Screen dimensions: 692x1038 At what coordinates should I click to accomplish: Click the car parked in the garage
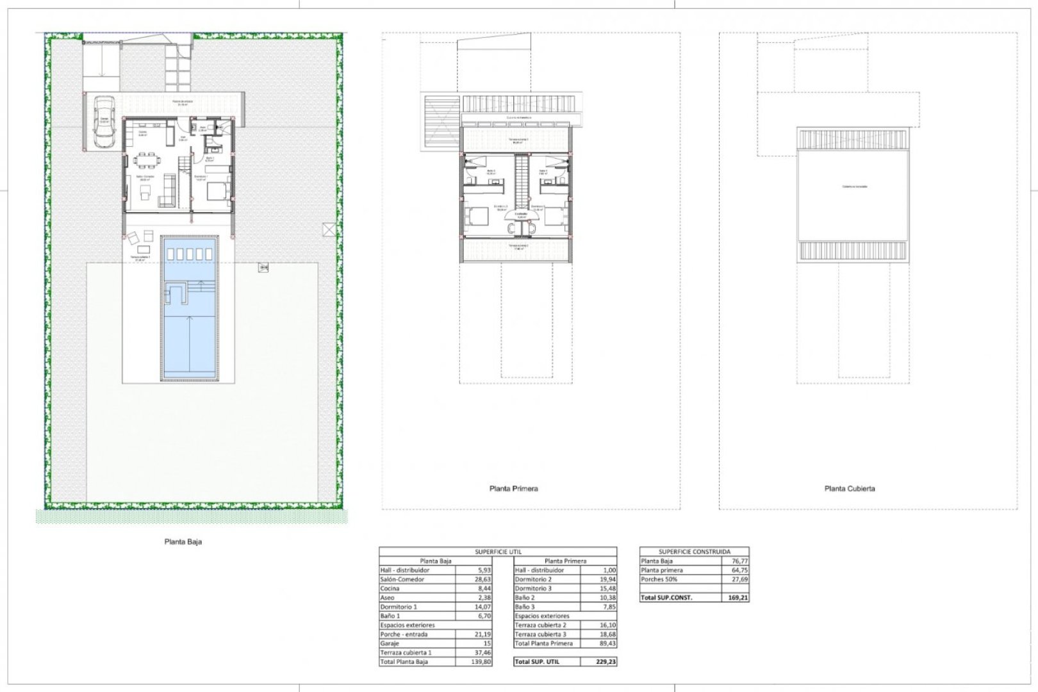click(103, 122)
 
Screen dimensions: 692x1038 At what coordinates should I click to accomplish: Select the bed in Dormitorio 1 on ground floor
click(218, 191)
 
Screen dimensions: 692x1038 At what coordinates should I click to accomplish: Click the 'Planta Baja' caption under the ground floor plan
click(183, 541)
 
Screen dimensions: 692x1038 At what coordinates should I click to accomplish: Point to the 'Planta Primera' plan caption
click(513, 488)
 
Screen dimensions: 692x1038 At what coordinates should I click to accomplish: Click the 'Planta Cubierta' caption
click(850, 488)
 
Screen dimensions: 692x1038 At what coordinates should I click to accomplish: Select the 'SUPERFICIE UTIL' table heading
click(498, 551)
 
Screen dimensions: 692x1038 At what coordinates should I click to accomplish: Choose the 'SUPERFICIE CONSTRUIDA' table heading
click(694, 551)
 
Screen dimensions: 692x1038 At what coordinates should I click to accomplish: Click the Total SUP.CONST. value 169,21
click(737, 598)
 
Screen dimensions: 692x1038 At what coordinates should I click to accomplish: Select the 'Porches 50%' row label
click(661, 579)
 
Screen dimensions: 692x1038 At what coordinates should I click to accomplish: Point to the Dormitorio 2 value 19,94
click(605, 579)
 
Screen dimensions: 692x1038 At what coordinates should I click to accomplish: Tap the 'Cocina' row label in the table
click(390, 588)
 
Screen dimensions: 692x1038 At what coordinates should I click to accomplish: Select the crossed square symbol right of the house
click(329, 229)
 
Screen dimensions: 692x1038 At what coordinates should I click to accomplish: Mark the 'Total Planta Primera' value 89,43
click(605, 643)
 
